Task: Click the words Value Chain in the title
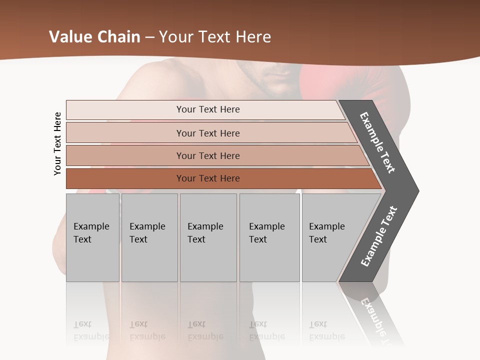pyautogui.click(x=94, y=36)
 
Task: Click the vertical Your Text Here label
pyautogui.click(x=57, y=143)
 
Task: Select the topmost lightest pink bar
pyautogui.click(x=125, y=110)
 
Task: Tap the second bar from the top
pyautogui.click(x=125, y=133)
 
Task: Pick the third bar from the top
pyautogui.click(x=125, y=155)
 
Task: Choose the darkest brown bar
pyautogui.click(x=125, y=178)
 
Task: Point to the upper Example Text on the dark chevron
pyautogui.click(x=377, y=142)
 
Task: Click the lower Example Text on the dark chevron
pyautogui.click(x=378, y=236)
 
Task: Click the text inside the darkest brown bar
pyautogui.click(x=208, y=178)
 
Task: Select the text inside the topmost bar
pyautogui.click(x=208, y=109)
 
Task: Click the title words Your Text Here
pyautogui.click(x=215, y=36)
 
